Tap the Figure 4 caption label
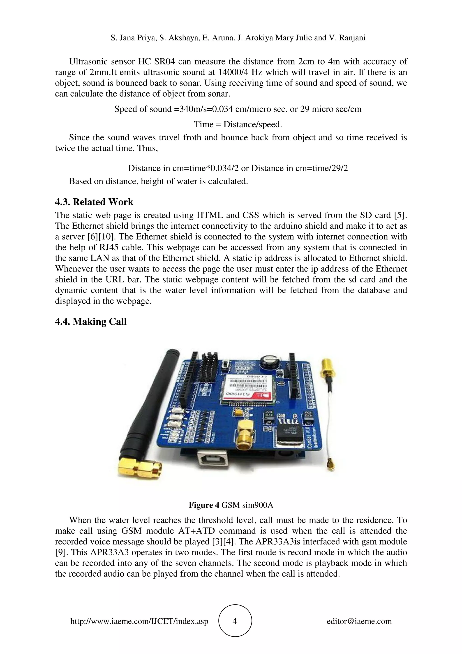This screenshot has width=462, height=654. tap(204, 505)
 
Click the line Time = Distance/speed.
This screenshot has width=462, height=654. tap(238, 124)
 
